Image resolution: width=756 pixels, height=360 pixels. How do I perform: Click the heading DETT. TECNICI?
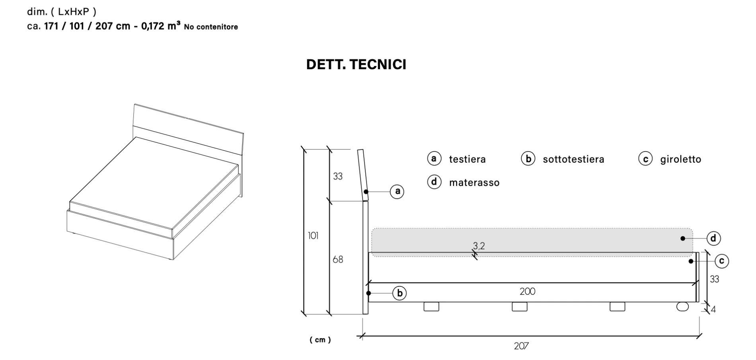pos(356,64)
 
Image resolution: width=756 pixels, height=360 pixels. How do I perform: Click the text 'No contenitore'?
pos(211,27)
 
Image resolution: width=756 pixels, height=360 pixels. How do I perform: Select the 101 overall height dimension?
pos(313,235)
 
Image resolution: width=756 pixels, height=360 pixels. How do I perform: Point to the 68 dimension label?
pos(338,259)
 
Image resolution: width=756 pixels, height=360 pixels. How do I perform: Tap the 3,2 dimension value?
pos(479,246)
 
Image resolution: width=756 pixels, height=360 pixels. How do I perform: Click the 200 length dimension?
pos(527,291)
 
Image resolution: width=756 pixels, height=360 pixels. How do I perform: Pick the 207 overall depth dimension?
pos(521,346)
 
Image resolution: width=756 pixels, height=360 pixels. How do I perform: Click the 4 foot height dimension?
pos(713,309)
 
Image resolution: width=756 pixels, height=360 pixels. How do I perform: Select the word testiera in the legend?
pos(467,159)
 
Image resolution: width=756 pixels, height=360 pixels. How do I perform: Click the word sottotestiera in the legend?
pos(573,159)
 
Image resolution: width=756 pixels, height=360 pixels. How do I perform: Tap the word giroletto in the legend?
pos(680,159)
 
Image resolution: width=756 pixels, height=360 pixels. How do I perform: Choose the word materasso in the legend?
pos(474,183)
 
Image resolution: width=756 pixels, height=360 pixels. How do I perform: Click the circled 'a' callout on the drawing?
pos(397,192)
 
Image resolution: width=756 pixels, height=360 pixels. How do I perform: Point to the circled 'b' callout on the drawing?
pos(399,293)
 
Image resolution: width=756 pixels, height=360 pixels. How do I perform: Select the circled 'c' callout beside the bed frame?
pos(722,261)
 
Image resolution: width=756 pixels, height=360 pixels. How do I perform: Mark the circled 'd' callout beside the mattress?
pos(713,238)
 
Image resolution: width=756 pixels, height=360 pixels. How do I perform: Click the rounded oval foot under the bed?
pos(682,307)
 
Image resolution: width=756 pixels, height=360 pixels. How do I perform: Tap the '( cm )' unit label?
pos(320,340)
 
